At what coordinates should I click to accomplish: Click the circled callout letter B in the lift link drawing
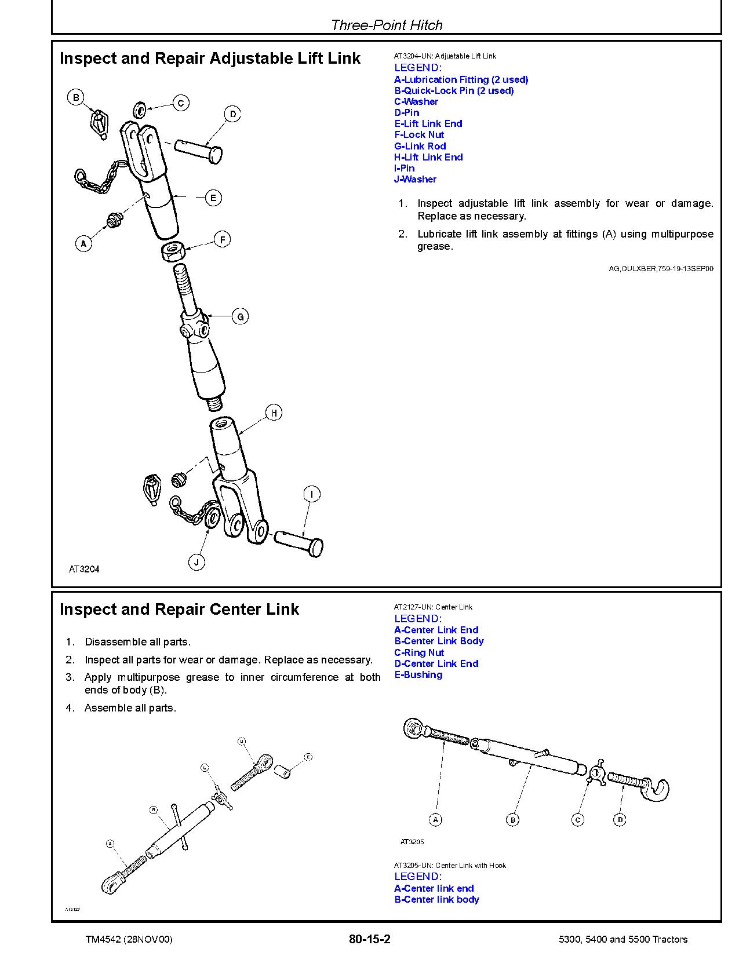click(76, 97)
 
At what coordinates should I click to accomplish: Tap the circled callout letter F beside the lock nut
click(223, 239)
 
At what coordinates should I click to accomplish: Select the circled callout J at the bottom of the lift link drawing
click(196, 561)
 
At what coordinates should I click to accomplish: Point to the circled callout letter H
click(274, 413)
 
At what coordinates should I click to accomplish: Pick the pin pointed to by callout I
click(298, 543)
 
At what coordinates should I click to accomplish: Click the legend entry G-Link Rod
click(420, 146)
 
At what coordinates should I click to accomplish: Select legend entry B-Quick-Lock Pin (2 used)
click(454, 90)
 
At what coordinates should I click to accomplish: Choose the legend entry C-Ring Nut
click(418, 652)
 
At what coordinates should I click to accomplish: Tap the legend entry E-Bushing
click(418, 674)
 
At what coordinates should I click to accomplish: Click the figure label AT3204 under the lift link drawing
click(84, 569)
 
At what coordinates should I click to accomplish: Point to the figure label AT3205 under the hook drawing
click(412, 841)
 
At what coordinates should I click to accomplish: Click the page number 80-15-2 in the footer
click(369, 939)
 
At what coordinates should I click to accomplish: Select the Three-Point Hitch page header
click(386, 25)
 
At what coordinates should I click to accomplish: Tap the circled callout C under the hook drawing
click(577, 819)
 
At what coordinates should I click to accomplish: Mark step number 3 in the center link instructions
click(70, 677)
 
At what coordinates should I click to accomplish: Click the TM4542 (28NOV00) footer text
click(129, 939)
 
